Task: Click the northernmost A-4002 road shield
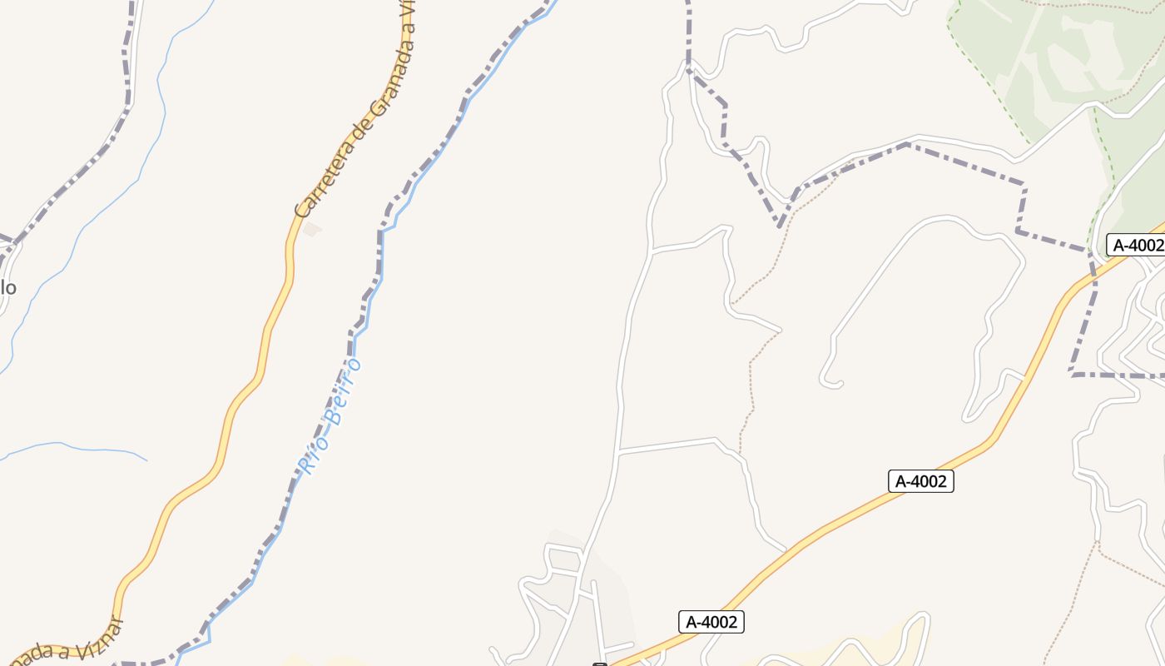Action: coord(1137,245)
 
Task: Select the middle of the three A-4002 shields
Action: coord(920,481)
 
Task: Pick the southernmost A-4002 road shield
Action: coord(711,622)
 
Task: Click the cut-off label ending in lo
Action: coord(7,288)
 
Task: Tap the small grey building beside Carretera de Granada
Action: coord(312,228)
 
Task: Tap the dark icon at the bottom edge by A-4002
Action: coord(599,664)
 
